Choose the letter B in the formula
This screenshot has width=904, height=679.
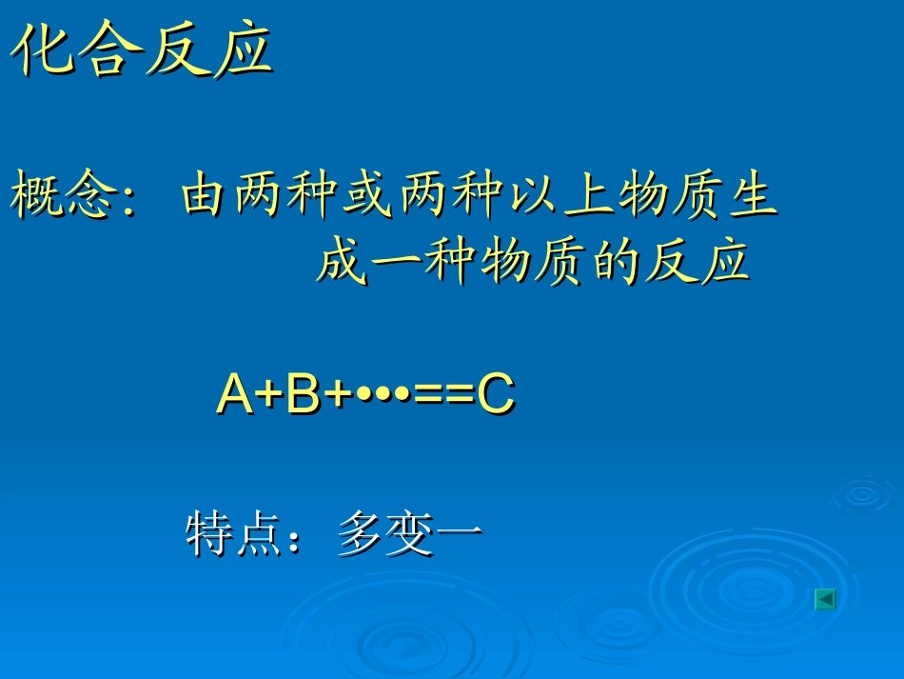click(303, 394)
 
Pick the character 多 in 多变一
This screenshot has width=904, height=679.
click(360, 534)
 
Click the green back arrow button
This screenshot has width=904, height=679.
click(826, 599)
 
